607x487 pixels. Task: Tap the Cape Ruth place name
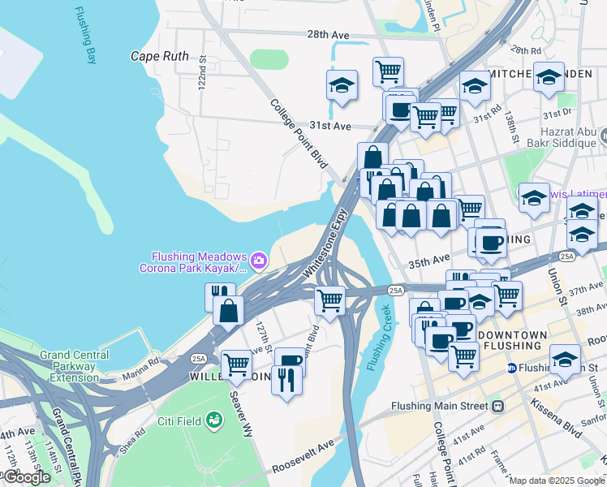[x=160, y=57]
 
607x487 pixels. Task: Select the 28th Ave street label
[x=328, y=35]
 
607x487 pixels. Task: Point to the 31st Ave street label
[x=329, y=126]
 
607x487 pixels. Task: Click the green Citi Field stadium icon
[x=214, y=420]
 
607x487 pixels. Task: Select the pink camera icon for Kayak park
[x=259, y=261]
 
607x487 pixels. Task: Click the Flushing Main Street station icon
[x=497, y=406]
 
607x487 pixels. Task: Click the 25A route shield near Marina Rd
[x=197, y=357]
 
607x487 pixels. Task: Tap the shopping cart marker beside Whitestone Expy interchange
[x=330, y=300]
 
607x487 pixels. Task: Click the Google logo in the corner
[x=27, y=477]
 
